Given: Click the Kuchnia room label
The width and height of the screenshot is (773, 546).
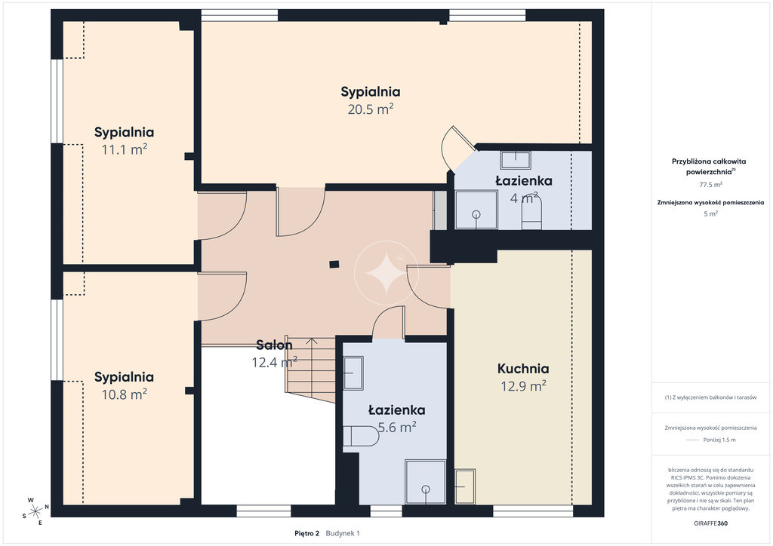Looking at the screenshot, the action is click(523, 368).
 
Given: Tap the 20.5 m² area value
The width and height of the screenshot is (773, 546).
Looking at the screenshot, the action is click(370, 109).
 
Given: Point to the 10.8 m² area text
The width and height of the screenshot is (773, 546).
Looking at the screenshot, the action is click(125, 394).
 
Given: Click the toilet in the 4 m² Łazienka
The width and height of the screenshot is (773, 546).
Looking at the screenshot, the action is click(531, 213).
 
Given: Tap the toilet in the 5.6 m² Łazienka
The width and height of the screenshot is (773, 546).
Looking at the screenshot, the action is click(361, 436).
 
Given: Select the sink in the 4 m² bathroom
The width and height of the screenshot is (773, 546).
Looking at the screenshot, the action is click(516, 160).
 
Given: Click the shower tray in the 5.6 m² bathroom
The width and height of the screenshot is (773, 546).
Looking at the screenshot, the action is click(426, 481).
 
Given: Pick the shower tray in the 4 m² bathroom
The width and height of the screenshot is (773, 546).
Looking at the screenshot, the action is click(476, 210).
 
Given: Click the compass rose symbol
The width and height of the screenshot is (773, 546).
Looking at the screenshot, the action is click(35, 511).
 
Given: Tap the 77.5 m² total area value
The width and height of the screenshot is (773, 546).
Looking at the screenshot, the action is click(711, 185).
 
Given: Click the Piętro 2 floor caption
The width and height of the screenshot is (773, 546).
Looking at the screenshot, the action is click(306, 533).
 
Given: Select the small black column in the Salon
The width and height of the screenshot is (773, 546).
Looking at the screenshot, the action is click(334, 265).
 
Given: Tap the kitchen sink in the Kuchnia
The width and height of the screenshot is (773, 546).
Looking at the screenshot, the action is click(465, 486).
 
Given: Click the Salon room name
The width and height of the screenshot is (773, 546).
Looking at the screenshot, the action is click(274, 345).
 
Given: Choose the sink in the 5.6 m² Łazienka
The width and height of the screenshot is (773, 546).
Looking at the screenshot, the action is click(353, 373).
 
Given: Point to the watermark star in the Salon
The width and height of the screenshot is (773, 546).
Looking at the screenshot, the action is click(386, 273).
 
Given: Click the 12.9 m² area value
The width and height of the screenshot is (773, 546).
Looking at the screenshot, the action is click(523, 386).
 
